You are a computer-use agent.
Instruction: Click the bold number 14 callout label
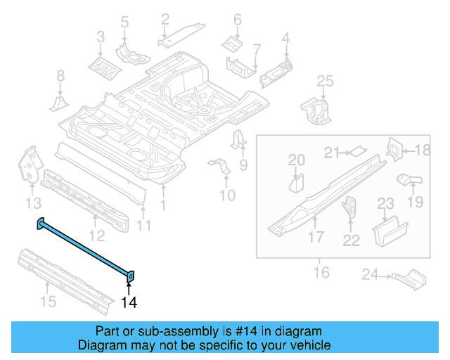129,303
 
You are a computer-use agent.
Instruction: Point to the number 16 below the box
321,272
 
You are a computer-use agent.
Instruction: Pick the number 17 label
315,238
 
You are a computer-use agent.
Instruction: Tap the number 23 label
386,205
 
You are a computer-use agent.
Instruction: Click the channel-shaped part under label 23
389,230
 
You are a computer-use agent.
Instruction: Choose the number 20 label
297,160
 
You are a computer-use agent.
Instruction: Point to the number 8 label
60,76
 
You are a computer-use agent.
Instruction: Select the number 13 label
32,204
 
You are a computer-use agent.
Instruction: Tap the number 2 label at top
165,19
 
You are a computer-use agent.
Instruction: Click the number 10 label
226,194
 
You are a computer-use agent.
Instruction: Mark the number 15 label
46,302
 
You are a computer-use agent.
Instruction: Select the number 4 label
286,37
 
